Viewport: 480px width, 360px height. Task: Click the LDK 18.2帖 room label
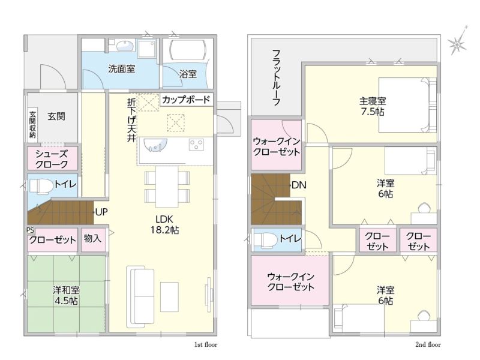click(x=164, y=224)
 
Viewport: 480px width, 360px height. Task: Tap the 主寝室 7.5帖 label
click(x=372, y=106)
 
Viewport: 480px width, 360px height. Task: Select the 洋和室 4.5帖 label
click(x=66, y=295)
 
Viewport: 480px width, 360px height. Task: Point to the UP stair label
click(x=101, y=212)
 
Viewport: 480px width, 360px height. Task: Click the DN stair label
click(x=299, y=185)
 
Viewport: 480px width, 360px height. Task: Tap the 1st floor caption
click(x=206, y=344)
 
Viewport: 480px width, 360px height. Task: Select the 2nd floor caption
click(x=428, y=344)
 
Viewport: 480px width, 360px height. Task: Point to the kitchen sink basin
click(x=155, y=145)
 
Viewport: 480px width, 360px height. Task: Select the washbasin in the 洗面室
click(x=125, y=46)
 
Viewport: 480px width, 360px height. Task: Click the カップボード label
click(x=186, y=100)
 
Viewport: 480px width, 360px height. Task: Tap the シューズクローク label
click(x=52, y=159)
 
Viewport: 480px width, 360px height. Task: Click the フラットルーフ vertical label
click(x=277, y=77)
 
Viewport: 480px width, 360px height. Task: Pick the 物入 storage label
click(x=92, y=238)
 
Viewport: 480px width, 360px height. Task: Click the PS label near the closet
click(x=31, y=230)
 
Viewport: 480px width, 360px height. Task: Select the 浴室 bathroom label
click(x=188, y=74)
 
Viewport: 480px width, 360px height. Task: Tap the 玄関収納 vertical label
click(x=32, y=124)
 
